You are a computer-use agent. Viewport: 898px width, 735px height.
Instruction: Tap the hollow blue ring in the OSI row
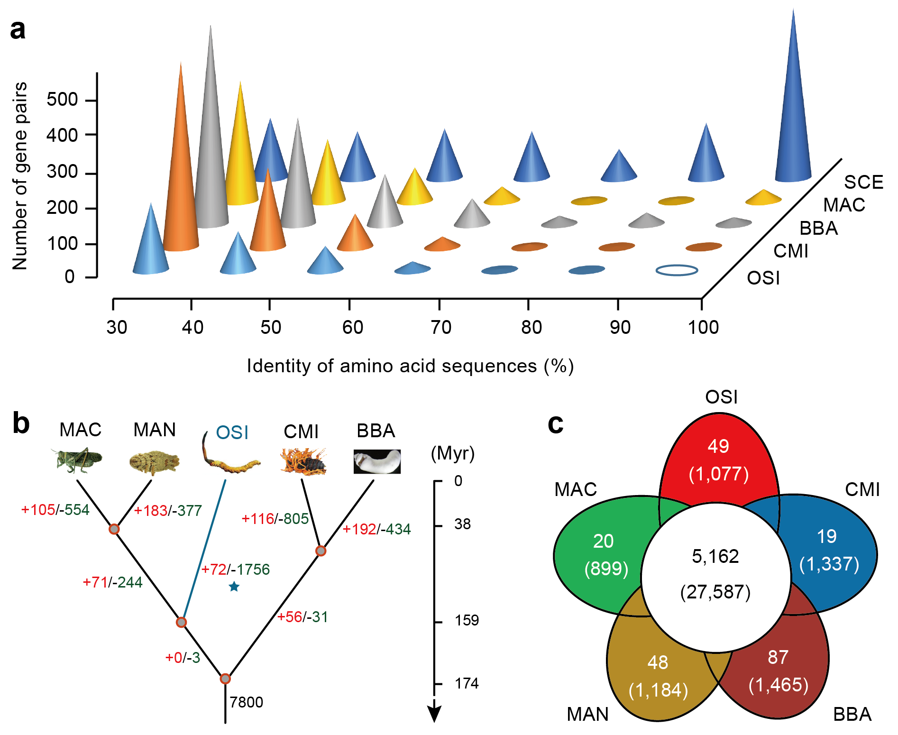[x=677, y=270]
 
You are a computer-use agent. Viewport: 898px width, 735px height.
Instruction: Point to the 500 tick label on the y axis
[x=62, y=100]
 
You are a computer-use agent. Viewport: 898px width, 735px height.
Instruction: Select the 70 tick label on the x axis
[x=441, y=327]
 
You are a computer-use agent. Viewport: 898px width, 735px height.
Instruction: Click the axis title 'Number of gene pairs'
[x=20, y=175]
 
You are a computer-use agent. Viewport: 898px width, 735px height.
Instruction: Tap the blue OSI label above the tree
[x=232, y=432]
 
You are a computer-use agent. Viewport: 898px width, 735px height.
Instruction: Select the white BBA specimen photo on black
[x=377, y=461]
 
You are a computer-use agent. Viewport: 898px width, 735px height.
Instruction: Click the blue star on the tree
[x=234, y=587]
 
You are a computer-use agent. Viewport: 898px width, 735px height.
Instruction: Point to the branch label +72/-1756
[x=235, y=569]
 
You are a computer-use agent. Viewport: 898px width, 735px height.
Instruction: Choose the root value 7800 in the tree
[x=246, y=702]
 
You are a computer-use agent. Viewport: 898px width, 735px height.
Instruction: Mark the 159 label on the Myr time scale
[x=467, y=620]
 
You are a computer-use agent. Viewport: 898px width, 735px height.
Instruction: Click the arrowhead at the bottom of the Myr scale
[x=434, y=714]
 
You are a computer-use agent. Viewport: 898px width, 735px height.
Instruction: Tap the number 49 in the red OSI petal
[x=718, y=446]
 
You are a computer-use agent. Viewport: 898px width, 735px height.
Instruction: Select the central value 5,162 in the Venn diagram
[x=715, y=557]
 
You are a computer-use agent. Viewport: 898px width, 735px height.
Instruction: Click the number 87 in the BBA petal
[x=778, y=657]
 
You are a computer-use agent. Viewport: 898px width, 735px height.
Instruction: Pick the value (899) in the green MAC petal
[x=606, y=569]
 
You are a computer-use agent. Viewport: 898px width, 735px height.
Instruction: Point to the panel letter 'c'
[x=556, y=423]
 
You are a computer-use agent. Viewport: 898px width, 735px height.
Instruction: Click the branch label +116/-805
[x=275, y=519]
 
